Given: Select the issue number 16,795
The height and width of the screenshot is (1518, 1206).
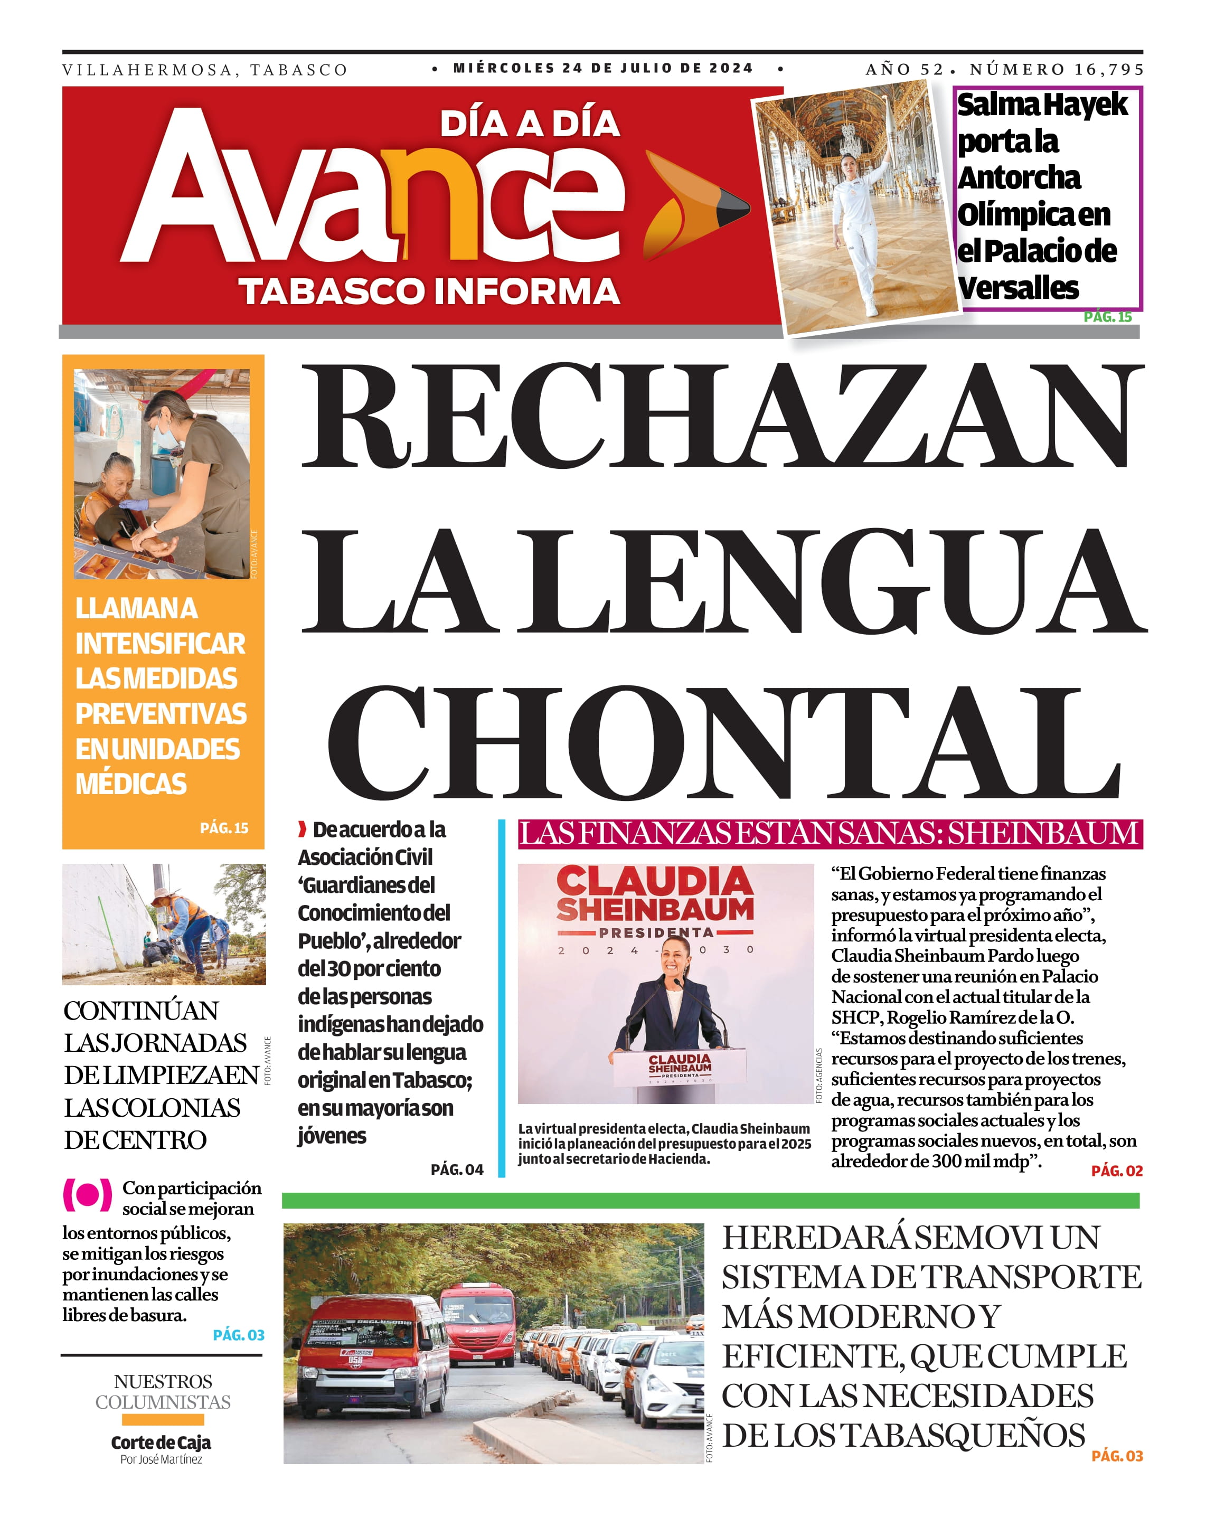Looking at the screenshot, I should click(x=1108, y=70).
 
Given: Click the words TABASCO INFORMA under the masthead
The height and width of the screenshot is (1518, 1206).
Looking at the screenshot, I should click(x=429, y=291).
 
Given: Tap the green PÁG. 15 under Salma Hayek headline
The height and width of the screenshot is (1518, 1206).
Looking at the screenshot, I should click(x=1107, y=317).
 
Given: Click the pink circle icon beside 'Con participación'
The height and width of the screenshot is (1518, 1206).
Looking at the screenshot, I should click(x=87, y=1195).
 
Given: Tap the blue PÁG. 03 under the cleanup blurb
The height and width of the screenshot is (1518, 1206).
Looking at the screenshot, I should click(x=239, y=1335).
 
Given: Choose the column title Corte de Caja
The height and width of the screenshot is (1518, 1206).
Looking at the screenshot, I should click(x=161, y=1442).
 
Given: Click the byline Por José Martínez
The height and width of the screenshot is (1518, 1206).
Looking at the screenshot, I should click(x=161, y=1459).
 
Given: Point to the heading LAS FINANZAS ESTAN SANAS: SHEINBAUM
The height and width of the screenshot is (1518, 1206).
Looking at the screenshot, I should click(x=830, y=834).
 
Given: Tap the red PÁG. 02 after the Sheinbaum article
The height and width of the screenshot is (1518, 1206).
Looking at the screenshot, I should click(x=1117, y=1171).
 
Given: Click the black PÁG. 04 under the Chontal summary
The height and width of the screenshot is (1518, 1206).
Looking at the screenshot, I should click(x=457, y=1170).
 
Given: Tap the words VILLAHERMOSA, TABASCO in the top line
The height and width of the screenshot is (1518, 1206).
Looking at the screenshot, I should click(x=205, y=70).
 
